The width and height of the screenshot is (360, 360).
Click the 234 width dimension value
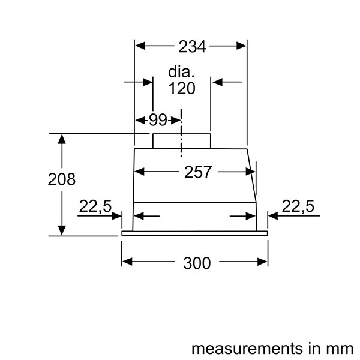(192, 47)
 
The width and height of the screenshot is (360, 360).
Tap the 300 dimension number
(197, 263)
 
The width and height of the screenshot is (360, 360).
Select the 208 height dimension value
(62, 179)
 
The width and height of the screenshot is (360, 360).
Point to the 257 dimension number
(197, 172)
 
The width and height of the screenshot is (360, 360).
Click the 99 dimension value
(158, 119)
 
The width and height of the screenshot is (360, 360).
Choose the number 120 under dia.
(182, 88)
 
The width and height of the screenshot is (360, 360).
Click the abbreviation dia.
(181, 71)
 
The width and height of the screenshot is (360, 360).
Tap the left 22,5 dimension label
(95, 206)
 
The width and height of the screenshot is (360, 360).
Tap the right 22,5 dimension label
(298, 206)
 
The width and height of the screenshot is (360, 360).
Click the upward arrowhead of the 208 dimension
(62, 139)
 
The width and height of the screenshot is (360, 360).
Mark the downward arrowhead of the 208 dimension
(62, 230)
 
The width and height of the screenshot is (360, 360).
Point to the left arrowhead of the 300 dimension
(127, 262)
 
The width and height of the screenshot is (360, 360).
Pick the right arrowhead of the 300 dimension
(262, 262)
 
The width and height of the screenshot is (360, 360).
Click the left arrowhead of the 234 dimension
(140, 46)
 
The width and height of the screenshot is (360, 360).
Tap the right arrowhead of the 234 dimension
(241, 46)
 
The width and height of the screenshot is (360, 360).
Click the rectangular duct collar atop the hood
(182, 141)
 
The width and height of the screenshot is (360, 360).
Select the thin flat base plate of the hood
(194, 233)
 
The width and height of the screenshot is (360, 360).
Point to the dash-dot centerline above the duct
(181, 133)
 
